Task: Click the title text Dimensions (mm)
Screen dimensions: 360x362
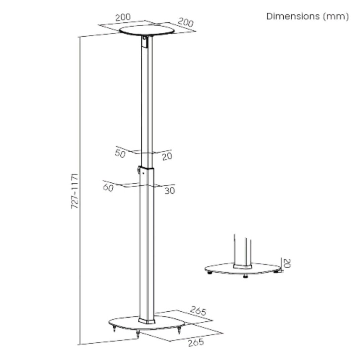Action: click(x=307, y=16)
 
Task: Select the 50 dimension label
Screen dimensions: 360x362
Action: click(x=120, y=154)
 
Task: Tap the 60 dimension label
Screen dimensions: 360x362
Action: click(x=108, y=187)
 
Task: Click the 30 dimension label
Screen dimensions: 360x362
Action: click(x=170, y=191)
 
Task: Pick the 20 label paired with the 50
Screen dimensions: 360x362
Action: click(x=167, y=156)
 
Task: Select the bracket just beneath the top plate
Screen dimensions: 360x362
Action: click(x=144, y=41)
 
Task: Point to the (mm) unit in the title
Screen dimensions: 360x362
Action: click(x=336, y=16)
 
